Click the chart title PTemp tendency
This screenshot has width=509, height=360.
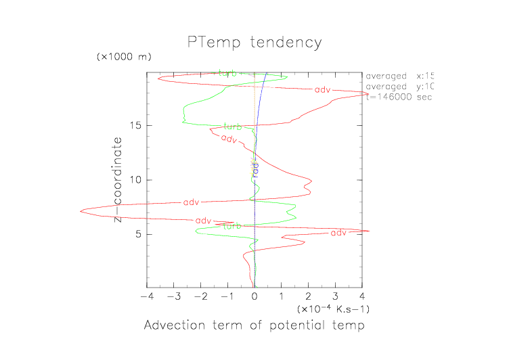coord(255,43)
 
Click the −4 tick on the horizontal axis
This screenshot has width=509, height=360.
coord(145,296)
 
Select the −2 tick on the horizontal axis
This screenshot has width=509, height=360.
coord(199,296)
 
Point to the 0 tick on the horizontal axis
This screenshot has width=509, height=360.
coord(255,296)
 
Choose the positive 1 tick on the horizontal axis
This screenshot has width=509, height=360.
coord(282,296)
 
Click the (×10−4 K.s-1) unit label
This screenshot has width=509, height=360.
coord(333,309)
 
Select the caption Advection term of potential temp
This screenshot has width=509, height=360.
coord(255,326)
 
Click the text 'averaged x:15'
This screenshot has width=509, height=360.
coord(399,76)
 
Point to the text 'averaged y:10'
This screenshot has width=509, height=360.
coord(399,87)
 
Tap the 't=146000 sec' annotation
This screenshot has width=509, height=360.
coord(399,97)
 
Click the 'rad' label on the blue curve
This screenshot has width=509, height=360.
coord(255,170)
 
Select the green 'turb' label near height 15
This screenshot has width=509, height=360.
coord(233,127)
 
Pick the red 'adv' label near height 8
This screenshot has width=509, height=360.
coord(192,202)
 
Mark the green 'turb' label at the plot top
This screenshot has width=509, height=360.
coord(228,73)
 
